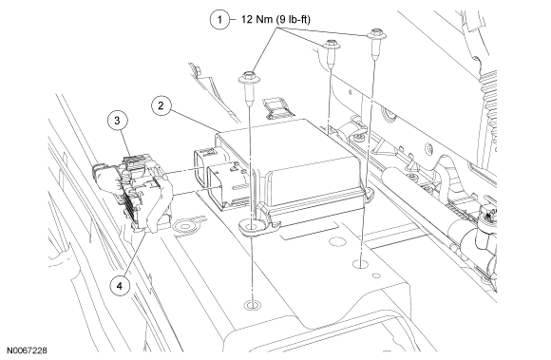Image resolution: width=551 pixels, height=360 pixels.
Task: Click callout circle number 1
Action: [219, 19]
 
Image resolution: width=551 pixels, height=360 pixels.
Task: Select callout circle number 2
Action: [161, 105]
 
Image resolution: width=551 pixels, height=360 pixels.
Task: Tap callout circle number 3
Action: [117, 121]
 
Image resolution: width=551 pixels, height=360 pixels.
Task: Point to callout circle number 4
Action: [120, 286]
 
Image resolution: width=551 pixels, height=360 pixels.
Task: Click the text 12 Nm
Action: [256, 19]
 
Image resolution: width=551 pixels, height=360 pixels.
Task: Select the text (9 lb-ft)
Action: [293, 20]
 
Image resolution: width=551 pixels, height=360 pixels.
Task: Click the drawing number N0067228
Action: [27, 351]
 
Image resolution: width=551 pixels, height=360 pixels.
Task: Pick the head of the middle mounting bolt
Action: [331, 45]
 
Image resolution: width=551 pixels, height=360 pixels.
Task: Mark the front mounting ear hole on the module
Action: [252, 226]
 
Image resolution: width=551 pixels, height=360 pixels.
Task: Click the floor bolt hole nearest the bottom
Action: [253, 305]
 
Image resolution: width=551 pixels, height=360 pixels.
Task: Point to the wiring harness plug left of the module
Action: [133, 192]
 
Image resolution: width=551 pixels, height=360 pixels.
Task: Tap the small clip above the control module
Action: [277, 108]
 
